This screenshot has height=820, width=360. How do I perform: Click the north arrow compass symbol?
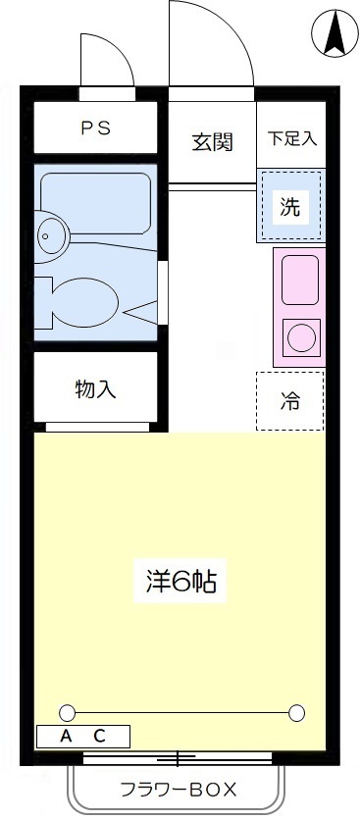pos(334,33)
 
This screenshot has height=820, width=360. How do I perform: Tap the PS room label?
pos(96,128)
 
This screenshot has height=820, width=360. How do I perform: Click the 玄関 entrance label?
pos(212,141)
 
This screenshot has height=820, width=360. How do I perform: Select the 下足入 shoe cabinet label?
pos(292,138)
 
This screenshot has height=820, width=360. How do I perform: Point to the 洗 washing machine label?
pos(290,208)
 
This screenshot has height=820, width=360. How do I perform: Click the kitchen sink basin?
pos(300,280)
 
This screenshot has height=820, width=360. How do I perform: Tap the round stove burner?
pos(301,337)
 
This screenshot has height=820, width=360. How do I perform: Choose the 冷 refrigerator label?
pos(290,401)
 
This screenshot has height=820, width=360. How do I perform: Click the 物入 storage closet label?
pos(95,389)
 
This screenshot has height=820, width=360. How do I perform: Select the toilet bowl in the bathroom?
pos(86,302)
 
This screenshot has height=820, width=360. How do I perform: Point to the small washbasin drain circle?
pos(45,236)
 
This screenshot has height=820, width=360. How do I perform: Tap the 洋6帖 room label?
pos(180,583)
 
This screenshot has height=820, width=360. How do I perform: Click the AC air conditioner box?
pos(82,737)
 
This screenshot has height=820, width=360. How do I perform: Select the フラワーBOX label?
pos(179,790)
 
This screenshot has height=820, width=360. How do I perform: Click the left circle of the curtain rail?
pos(67,712)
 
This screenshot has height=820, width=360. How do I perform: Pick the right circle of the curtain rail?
pos(296,712)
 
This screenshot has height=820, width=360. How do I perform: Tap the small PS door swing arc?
pos(120,50)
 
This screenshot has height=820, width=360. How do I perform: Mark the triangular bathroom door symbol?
pos(140,313)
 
